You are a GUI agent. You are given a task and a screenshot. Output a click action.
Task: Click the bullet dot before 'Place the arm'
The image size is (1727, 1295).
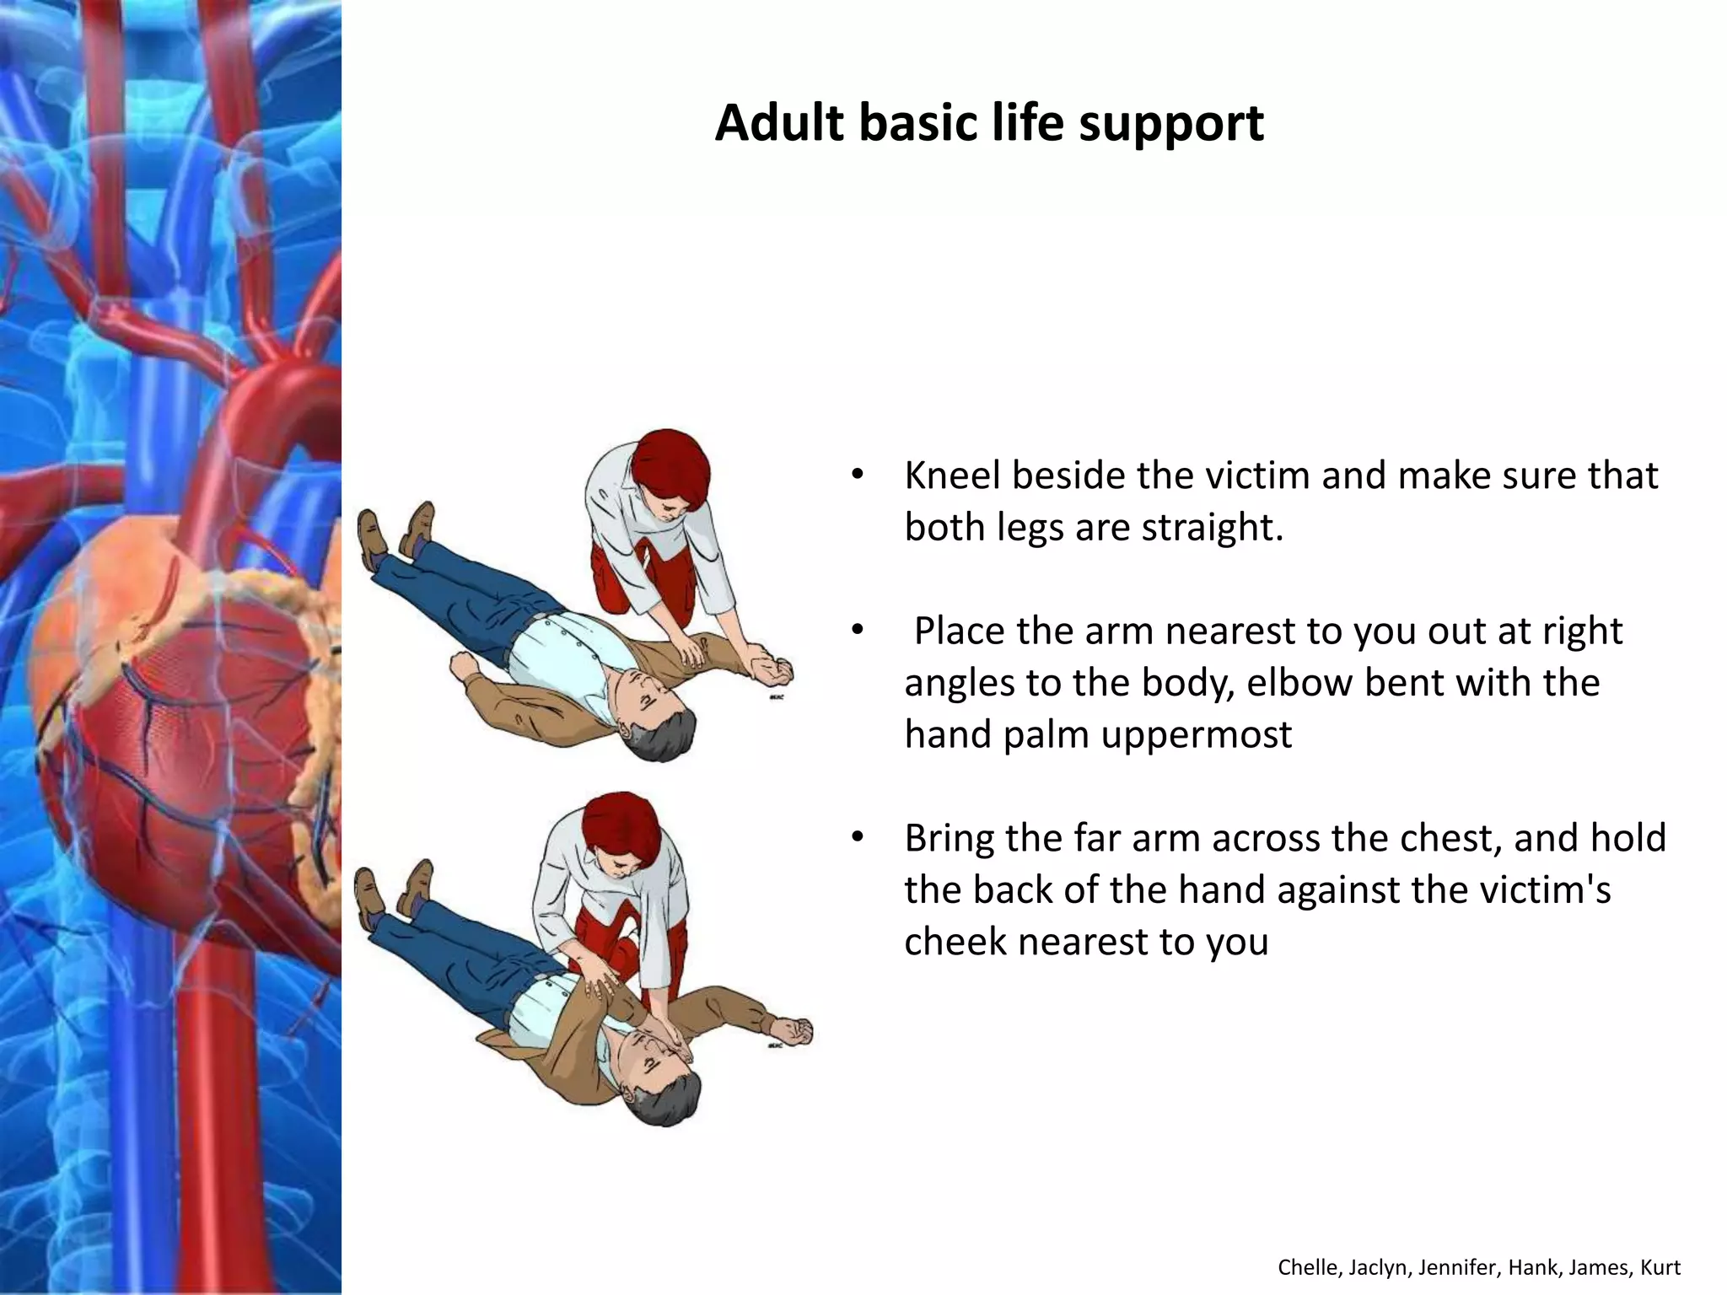pos(858,630)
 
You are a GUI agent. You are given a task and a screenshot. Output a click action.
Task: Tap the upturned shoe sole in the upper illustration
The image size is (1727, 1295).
pos(369,536)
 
